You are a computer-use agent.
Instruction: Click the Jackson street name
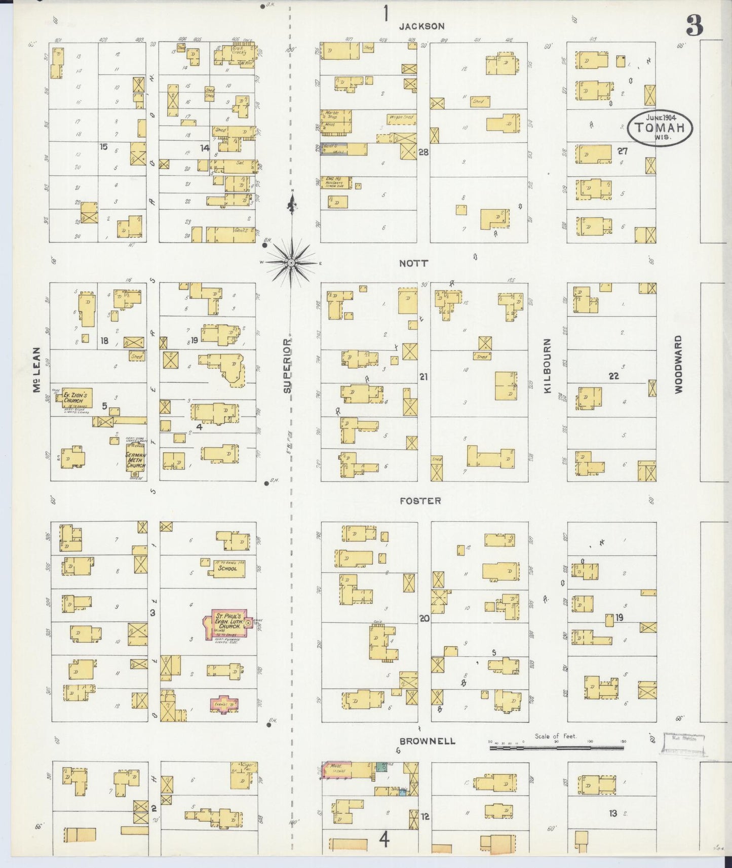pos(421,26)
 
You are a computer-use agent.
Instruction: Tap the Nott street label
pos(413,263)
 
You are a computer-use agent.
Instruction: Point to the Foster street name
pos(420,501)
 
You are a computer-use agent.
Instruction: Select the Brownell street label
pos(420,741)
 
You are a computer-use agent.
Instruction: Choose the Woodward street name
pos(678,364)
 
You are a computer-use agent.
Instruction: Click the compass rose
pos(292,263)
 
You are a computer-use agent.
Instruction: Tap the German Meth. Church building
pos(135,459)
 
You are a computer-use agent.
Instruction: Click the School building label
pos(228,569)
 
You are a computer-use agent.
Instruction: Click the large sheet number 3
pos(695,26)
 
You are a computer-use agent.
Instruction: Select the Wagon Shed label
pos(401,118)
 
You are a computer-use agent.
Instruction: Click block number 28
pos(423,151)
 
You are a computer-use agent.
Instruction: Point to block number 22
pos(613,376)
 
